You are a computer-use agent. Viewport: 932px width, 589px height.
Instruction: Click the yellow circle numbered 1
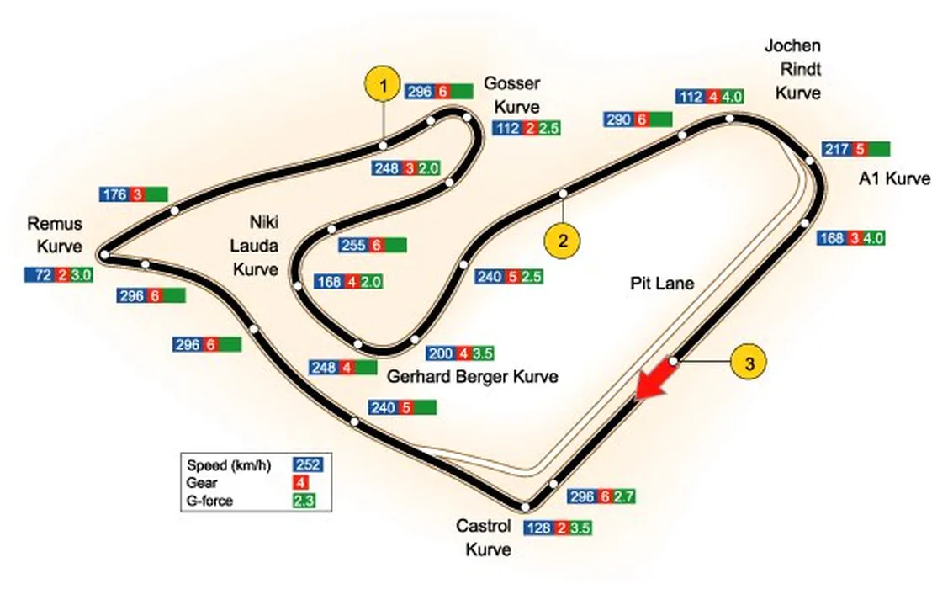click(x=384, y=86)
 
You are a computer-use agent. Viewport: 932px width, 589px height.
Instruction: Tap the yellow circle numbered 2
click(x=562, y=240)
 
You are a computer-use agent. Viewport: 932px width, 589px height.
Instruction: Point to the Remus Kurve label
click(x=55, y=235)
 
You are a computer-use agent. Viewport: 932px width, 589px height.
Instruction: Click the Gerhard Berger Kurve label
click(x=473, y=376)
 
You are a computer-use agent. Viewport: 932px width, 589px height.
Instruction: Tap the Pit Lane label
click(x=662, y=284)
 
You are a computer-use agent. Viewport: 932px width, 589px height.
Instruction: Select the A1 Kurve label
click(x=894, y=178)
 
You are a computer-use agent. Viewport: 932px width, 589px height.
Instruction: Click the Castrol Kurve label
click(x=484, y=537)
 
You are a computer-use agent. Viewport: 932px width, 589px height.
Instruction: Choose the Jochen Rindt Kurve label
click(x=792, y=69)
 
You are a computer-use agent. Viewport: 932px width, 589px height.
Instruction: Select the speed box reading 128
click(x=538, y=528)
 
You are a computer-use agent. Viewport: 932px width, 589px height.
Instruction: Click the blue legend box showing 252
click(x=308, y=465)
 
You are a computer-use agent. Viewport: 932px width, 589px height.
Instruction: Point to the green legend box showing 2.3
click(x=308, y=501)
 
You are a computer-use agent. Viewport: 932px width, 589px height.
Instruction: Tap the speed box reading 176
click(x=114, y=195)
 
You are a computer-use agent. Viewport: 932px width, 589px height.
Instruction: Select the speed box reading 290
click(x=619, y=120)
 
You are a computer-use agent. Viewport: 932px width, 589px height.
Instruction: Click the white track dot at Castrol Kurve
click(x=526, y=507)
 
